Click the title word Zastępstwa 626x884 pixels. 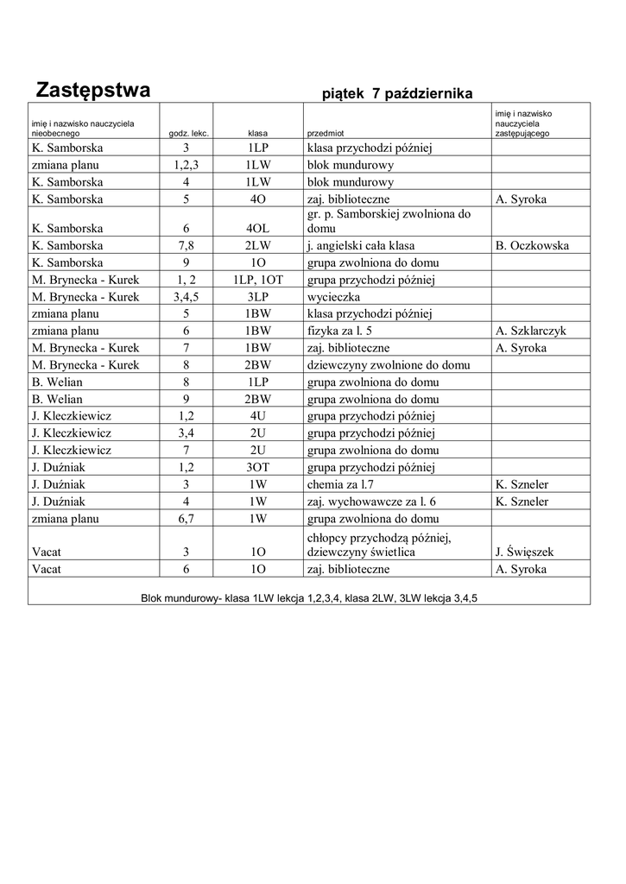(x=93, y=90)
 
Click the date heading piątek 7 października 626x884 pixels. (x=396, y=93)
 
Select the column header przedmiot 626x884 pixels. (x=326, y=134)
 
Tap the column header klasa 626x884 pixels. (x=257, y=134)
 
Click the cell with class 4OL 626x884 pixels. (x=258, y=229)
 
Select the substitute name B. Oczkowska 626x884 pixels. (x=533, y=246)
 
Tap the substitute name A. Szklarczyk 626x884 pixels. (x=532, y=331)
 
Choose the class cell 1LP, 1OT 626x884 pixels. (x=258, y=280)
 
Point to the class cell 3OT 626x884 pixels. (x=258, y=467)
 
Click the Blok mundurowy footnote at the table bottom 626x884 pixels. (x=309, y=597)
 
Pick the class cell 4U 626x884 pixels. (x=258, y=416)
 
